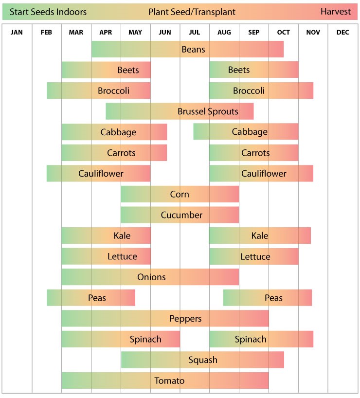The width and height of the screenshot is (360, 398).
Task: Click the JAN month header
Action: [x=17, y=33]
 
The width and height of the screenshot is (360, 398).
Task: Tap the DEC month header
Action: [x=342, y=33]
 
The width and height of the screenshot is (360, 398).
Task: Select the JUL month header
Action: [x=194, y=33]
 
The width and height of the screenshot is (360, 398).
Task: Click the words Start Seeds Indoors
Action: [x=48, y=12]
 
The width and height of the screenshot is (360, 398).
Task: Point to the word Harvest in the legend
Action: [x=336, y=12]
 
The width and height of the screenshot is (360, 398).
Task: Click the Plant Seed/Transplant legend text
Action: [x=192, y=12]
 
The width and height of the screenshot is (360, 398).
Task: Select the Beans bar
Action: [x=188, y=50]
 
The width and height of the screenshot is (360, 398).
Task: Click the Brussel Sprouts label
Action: [x=208, y=111]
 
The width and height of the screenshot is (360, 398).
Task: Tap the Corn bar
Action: [x=180, y=194]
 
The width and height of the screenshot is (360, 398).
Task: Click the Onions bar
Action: [x=150, y=277]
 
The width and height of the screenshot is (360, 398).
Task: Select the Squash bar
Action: [x=202, y=360]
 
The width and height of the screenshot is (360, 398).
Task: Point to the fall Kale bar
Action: [x=260, y=236]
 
